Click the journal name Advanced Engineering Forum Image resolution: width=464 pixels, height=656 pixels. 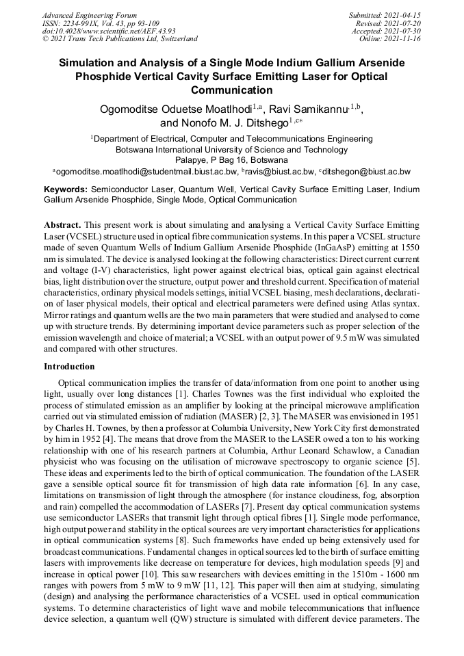[x=90, y=15]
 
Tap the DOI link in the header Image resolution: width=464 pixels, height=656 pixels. [x=109, y=31]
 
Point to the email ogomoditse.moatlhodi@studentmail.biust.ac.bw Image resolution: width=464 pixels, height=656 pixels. [x=147, y=172]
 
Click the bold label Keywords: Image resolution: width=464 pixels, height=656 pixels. [x=66, y=189]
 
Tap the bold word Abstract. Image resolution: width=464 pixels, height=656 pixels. [x=62, y=225]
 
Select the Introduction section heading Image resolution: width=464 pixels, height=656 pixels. [x=69, y=367]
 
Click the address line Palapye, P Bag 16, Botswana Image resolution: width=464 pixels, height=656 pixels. [x=231, y=160]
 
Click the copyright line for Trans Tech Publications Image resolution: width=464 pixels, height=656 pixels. [x=120, y=39]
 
